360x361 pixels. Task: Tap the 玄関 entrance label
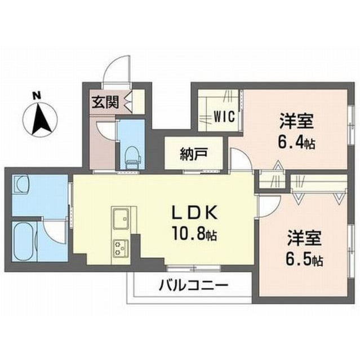pos(105,102)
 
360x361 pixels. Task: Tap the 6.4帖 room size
pos(296,142)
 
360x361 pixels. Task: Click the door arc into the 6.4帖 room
pos(241,161)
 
